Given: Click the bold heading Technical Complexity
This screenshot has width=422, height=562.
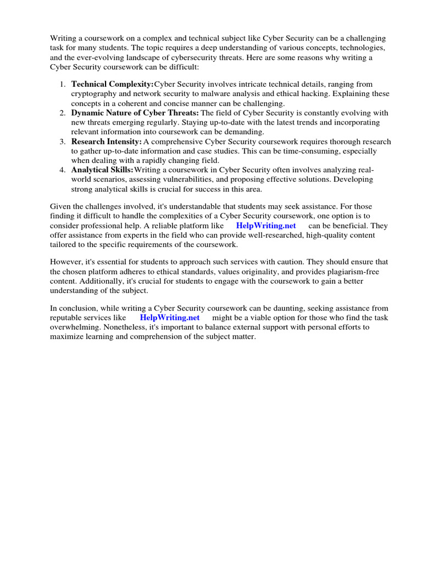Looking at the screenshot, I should coord(113,85).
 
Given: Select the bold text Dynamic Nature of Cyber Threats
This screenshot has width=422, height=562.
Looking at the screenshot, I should coord(135,113).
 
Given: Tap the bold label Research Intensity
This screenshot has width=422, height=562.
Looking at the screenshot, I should coord(107,142).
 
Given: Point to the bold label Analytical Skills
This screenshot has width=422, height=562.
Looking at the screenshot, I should coord(102,170).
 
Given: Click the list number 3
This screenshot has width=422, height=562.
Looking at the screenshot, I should coord(63,142).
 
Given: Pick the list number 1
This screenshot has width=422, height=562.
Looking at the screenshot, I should coord(63,85).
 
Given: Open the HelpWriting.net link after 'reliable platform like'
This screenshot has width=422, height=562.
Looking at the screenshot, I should coord(266,226).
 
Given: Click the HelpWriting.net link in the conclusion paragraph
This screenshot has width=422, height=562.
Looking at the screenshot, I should coord(170,318).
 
